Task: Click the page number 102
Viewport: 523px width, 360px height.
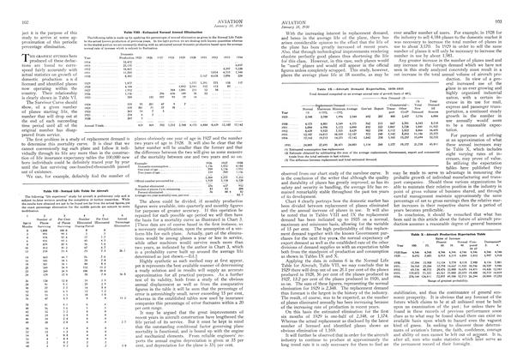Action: coord(10,6)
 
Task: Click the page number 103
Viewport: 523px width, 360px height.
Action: coord(511,6)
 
